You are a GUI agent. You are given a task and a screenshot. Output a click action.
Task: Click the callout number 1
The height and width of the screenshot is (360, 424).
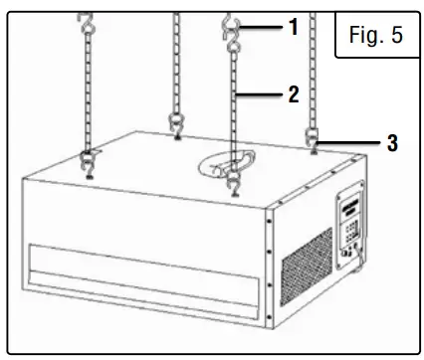[x=292, y=28]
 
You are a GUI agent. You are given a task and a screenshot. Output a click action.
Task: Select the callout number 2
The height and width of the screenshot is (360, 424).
[x=292, y=95]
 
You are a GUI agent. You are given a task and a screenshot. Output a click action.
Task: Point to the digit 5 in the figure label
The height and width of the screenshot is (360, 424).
[x=396, y=39]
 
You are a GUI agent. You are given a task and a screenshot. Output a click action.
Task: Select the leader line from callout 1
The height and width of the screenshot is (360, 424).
[x=264, y=28]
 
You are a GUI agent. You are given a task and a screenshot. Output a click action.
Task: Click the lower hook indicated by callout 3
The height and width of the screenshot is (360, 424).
[x=314, y=140]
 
